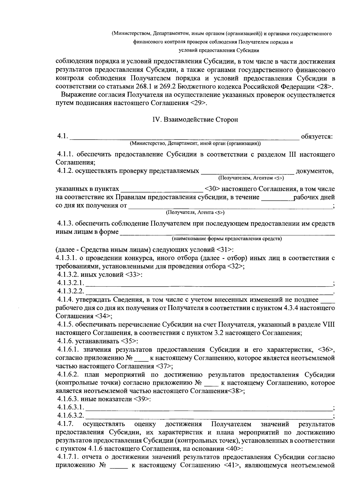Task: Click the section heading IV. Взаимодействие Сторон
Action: (x=195, y=119)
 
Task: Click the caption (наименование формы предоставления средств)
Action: (x=227, y=239)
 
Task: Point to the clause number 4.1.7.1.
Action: (x=68, y=457)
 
